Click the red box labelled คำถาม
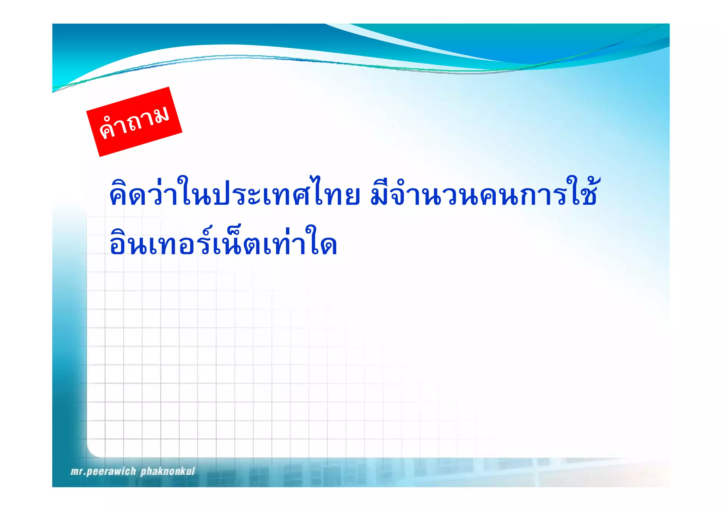(x=134, y=121)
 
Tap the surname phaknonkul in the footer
(x=167, y=471)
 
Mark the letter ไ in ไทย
(x=322, y=192)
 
